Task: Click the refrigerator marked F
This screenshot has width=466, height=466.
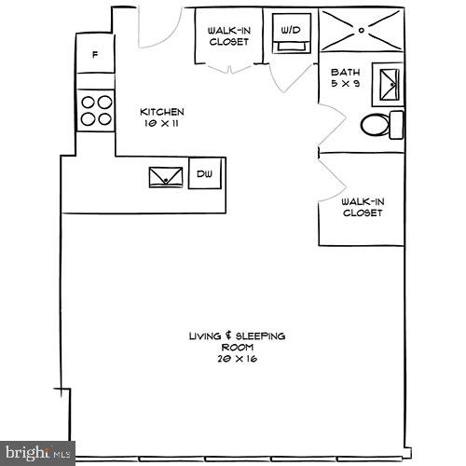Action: coord(95,54)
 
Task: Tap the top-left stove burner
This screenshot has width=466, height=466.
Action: coord(87,102)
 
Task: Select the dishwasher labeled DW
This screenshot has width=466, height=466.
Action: coord(205,173)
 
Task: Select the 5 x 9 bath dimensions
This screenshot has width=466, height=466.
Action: coord(345,83)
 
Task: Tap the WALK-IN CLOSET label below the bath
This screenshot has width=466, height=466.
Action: coord(362,207)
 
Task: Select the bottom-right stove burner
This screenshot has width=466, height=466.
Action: coord(103,118)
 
